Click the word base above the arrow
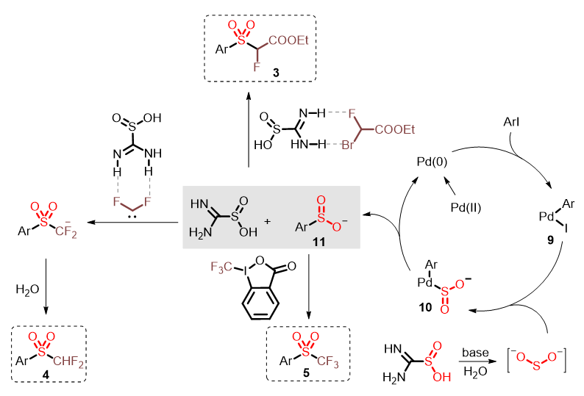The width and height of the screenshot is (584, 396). click(x=476, y=353)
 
